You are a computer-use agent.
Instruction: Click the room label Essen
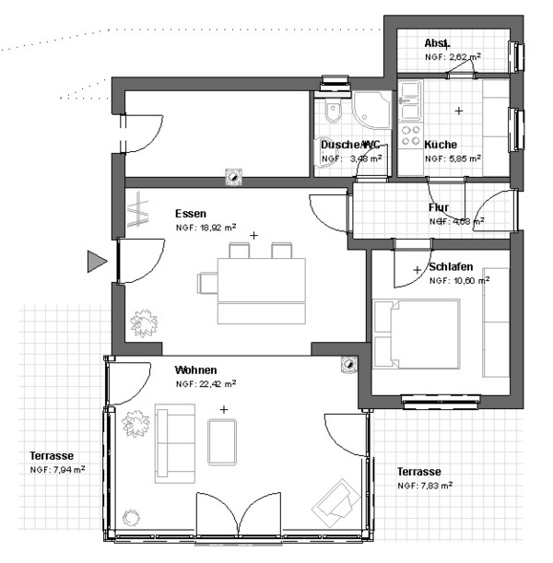191,213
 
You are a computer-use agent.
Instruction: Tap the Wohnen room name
196,369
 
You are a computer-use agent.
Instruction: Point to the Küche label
441,145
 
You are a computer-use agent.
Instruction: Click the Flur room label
439,207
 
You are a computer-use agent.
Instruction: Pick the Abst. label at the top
437,43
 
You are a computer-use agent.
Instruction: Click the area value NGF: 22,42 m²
206,383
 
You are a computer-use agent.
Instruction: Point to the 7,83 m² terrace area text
425,485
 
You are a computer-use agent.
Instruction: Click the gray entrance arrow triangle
96,263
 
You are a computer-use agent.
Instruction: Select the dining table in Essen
261,278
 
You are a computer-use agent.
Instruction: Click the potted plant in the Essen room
144,323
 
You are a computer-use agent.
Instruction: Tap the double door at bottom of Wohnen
238,516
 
